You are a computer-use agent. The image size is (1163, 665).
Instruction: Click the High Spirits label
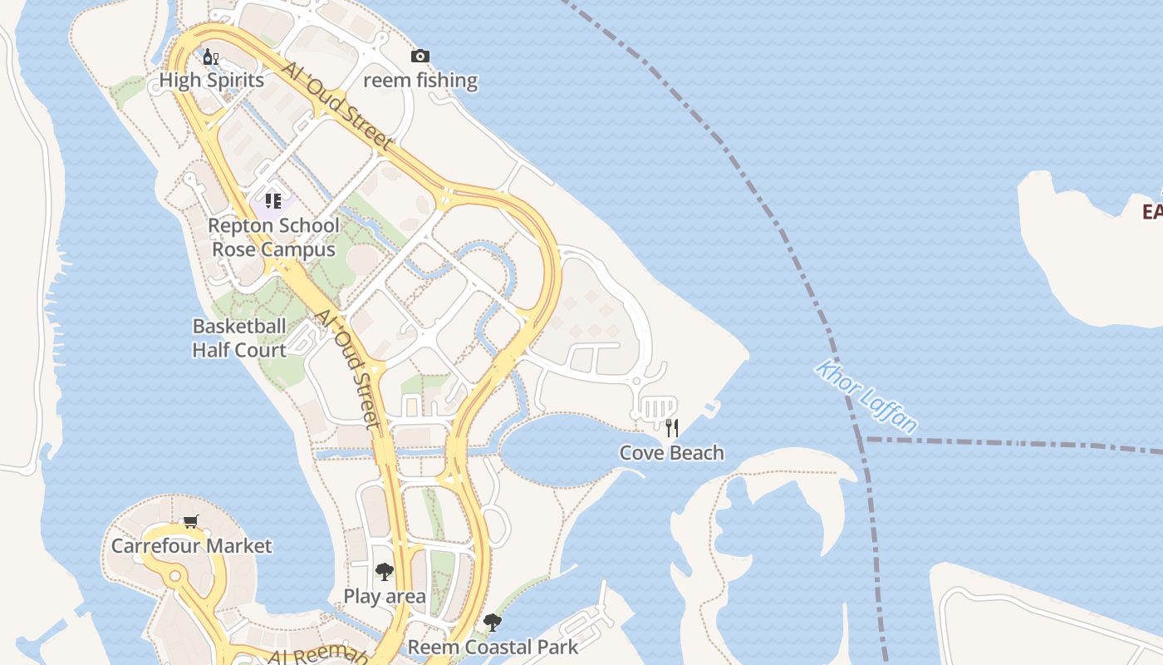(211, 81)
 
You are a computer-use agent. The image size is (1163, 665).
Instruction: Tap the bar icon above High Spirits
(211, 57)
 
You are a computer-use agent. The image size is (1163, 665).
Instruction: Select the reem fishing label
(420, 81)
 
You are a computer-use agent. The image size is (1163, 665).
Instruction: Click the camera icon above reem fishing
(420, 56)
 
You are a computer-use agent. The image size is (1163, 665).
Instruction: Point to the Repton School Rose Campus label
(273, 237)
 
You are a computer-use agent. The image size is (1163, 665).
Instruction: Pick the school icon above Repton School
(273, 200)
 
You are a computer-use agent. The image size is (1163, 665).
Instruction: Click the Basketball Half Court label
(239, 337)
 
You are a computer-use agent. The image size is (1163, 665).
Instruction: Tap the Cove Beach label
(671, 453)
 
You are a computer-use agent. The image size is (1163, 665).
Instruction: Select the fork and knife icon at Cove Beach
(672, 428)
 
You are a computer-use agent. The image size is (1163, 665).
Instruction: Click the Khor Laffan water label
(866, 396)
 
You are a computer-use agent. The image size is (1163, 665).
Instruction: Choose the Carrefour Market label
(191, 546)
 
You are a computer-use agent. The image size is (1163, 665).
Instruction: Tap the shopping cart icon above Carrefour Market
(191, 521)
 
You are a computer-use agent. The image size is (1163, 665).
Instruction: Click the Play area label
(385, 596)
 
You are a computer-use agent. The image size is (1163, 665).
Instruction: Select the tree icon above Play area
(384, 571)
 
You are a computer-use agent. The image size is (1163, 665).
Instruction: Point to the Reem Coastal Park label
(493, 647)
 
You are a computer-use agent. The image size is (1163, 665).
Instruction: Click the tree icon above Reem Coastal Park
(493, 622)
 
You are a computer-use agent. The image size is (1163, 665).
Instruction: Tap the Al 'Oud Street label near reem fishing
(336, 106)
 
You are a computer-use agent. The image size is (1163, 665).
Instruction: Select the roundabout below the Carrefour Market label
(174, 576)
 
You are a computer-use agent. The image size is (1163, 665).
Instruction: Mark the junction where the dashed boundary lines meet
(865, 439)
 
